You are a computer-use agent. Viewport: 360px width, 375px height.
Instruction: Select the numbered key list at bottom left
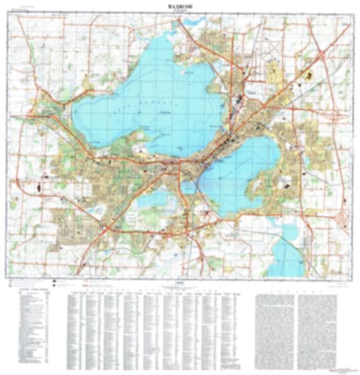(x=34, y=324)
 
